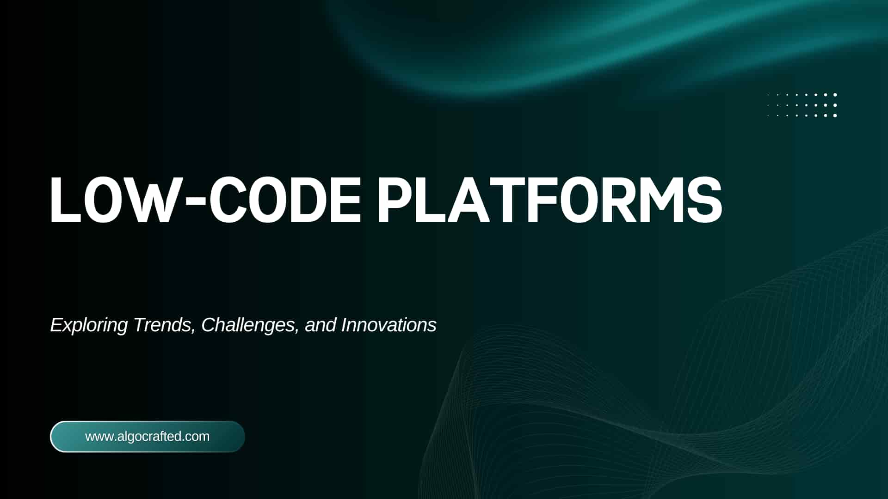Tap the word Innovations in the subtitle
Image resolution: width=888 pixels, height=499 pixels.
389,325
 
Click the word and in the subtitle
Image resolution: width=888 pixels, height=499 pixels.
321,325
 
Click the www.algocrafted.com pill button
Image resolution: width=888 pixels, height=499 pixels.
148,437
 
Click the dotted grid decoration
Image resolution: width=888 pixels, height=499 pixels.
802,105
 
